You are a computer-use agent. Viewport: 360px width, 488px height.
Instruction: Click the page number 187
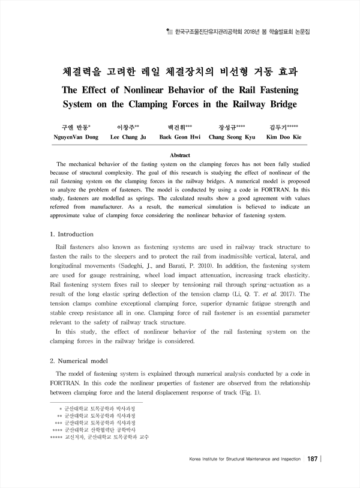[x=311, y=459]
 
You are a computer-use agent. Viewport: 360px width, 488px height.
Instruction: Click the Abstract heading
[x=180, y=155]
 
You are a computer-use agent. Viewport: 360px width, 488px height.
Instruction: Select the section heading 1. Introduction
[x=71, y=233]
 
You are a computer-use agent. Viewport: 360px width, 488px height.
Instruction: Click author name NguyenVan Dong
[x=76, y=137]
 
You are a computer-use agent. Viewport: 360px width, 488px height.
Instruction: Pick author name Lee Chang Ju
[x=128, y=137]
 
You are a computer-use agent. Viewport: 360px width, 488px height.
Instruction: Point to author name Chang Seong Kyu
[x=232, y=137]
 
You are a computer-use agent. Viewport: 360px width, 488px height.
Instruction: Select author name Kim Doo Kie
[x=284, y=137]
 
